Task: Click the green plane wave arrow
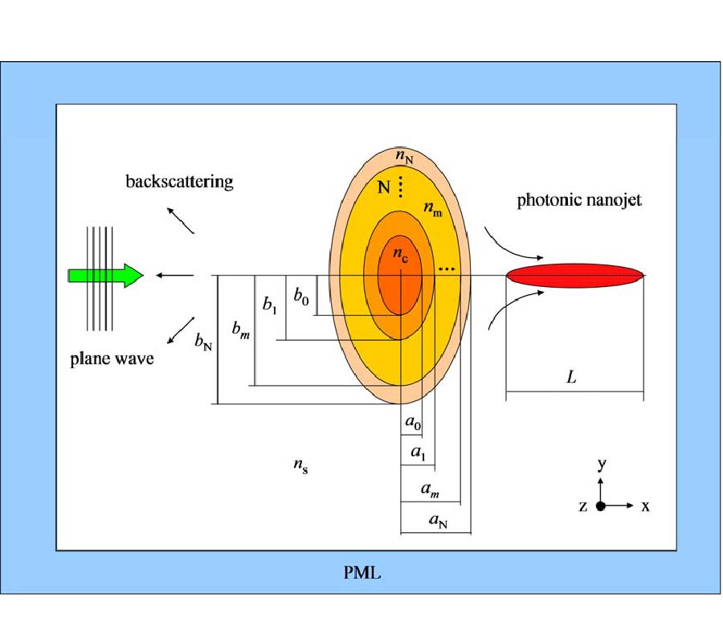coord(104,276)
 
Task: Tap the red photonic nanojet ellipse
coord(574,275)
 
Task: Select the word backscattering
coord(179,181)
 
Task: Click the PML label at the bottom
coord(361,574)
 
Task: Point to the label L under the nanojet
coord(571,375)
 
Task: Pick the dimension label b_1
coord(270,305)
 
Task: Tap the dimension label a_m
coord(430,488)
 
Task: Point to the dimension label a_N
coord(438,522)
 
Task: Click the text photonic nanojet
coord(578,200)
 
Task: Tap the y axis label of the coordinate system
coord(600,466)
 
